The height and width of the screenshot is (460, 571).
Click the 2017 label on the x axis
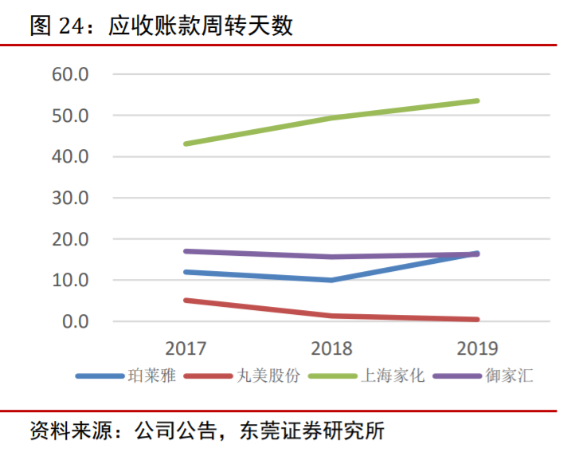pos(186,348)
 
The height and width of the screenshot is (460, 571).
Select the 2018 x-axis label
pos(331,348)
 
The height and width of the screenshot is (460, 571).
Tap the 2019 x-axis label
pos(477,348)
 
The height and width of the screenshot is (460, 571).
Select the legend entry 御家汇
pos(509,375)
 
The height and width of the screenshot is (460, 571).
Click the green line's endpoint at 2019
pos(477,100)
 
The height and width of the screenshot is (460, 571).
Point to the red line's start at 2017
pos(186,301)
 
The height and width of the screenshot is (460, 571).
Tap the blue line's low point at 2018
pos(331,280)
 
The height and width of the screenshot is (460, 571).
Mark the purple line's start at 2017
pos(186,251)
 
